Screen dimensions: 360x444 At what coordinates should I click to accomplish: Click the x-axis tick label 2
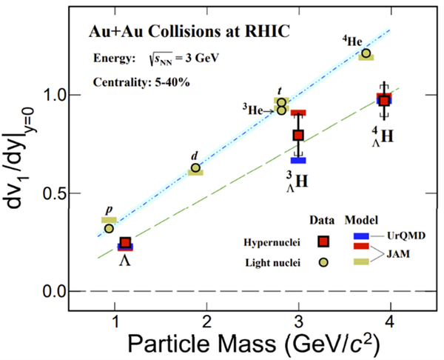pyautogui.click(x=207, y=319)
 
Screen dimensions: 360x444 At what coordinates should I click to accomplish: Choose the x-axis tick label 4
pyautogui.click(x=390, y=319)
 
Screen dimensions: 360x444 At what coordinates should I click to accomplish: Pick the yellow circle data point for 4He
pyautogui.click(x=366, y=53)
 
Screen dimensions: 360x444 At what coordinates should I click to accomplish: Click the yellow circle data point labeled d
pyautogui.click(x=195, y=168)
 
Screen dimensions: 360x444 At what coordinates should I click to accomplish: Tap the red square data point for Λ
pyautogui.click(x=126, y=243)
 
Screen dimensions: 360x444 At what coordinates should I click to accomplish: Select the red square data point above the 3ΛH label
pyautogui.click(x=298, y=135)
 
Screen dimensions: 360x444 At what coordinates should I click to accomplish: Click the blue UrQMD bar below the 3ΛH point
pyautogui.click(x=298, y=159)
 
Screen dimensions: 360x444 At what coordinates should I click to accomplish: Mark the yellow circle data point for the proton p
pyautogui.click(x=109, y=228)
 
